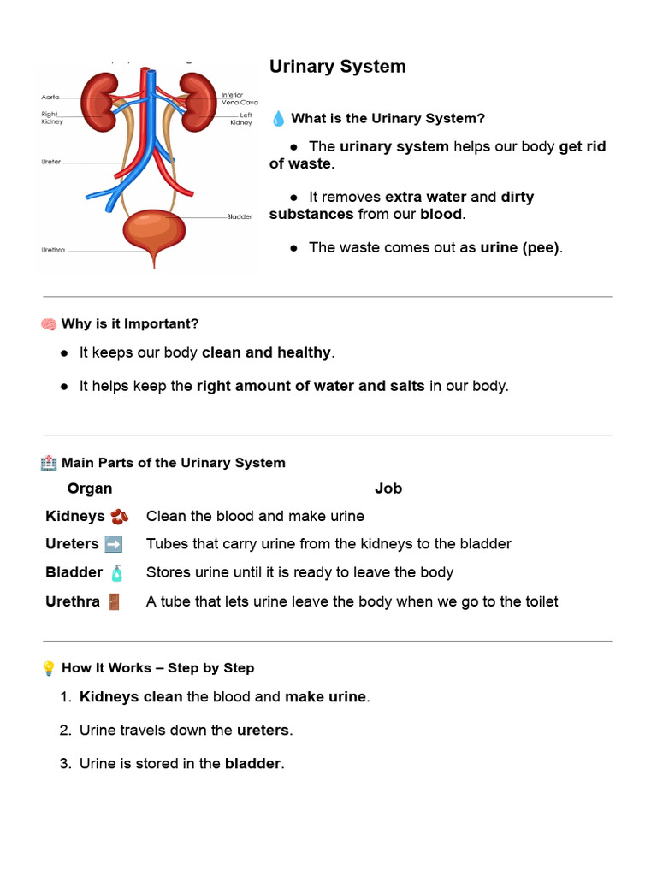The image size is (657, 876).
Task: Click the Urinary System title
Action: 338,67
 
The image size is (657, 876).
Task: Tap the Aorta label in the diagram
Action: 51,97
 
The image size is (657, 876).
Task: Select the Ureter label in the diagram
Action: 50,161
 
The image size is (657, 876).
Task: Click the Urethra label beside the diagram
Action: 53,251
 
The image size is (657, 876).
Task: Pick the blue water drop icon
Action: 278,119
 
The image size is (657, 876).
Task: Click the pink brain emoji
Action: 49,324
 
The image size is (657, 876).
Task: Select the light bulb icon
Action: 49,668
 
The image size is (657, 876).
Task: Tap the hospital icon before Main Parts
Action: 49,463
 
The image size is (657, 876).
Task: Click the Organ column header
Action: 90,488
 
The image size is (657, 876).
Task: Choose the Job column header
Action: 388,488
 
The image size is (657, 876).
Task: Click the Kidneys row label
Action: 75,516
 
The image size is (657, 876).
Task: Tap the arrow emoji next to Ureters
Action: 113,544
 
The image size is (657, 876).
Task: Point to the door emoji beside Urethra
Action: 114,601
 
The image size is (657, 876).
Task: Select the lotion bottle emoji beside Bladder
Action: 116,572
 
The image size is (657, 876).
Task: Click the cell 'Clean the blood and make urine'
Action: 255,516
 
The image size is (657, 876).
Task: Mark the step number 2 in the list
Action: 65,731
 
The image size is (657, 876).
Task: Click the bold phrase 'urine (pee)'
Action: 519,247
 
